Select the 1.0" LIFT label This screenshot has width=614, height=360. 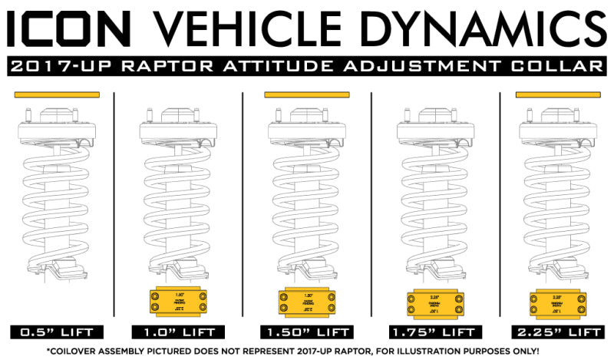pyautogui.click(x=178, y=333)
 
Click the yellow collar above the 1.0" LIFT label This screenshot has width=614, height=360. pyautogui.click(x=178, y=302)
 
